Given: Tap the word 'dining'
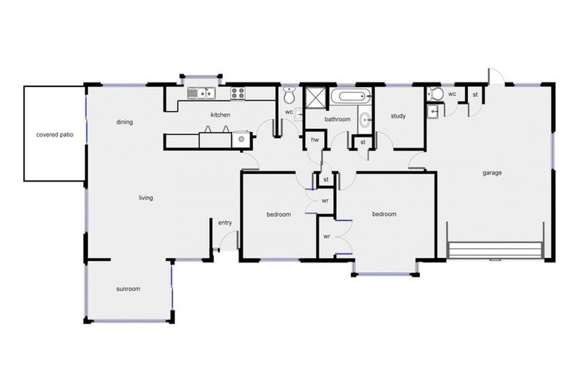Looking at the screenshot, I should tap(124, 121).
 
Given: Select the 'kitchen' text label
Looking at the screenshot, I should tap(220, 115).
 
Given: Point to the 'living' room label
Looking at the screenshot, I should tap(145, 198).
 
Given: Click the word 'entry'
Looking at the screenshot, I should tap(225, 223).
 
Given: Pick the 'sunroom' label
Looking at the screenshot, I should tap(127, 289).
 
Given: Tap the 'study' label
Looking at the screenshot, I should tap(398, 115).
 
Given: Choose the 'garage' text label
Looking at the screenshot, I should tap(492, 172).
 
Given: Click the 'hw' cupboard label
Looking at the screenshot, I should tap(315, 140).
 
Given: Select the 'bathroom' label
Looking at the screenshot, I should tap(337, 119).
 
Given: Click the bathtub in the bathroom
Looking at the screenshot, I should tap(351, 96).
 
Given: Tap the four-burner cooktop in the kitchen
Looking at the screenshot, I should tap(238, 94).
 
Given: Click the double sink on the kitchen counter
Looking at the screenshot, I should tap(202, 94).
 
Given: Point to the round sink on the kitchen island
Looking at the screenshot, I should tap(241, 137).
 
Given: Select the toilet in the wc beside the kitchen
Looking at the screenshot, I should tap(289, 95).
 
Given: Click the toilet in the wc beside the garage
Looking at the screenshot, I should tap(436, 94).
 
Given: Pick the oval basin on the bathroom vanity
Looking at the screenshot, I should tap(364, 119).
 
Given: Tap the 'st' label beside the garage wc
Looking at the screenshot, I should tap(475, 94).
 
